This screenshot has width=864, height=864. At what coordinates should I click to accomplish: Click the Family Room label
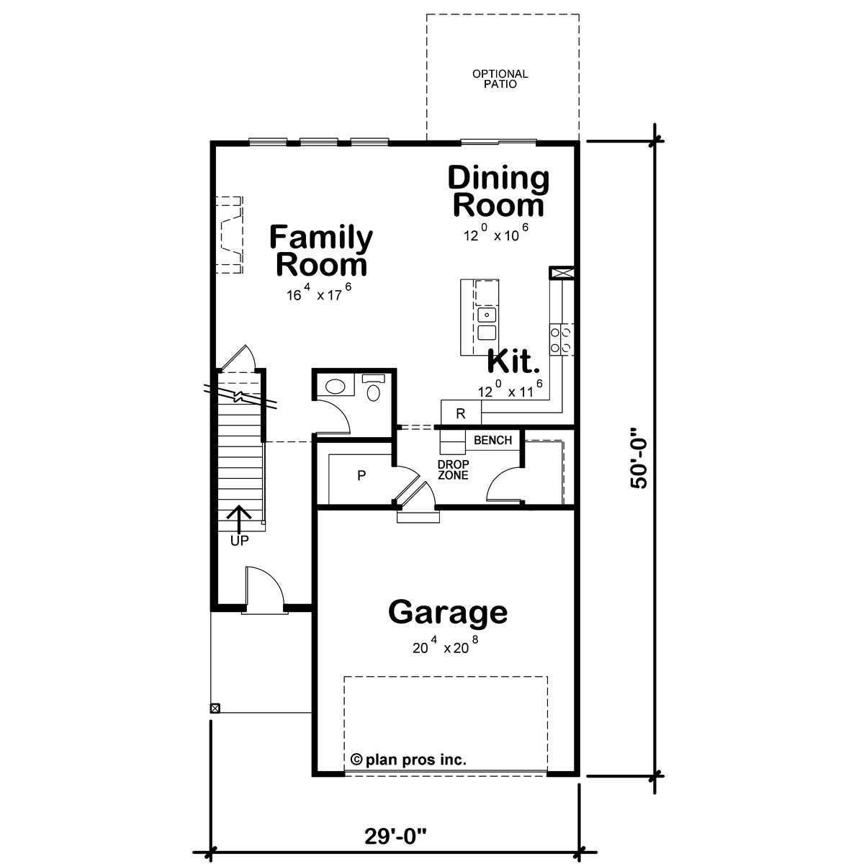click(320, 251)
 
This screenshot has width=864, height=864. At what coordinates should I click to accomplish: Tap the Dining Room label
click(498, 192)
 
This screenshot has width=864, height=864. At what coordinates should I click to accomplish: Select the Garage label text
click(447, 613)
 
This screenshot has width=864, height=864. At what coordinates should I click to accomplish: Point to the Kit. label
click(513, 361)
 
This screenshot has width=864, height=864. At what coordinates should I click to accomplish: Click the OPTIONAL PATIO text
click(500, 79)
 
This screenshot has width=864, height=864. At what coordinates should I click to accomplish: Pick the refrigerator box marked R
click(461, 413)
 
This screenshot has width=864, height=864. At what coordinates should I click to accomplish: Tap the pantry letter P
click(361, 476)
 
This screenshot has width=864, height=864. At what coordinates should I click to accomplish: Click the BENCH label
click(492, 441)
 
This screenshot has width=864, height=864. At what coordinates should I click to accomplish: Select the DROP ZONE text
click(454, 470)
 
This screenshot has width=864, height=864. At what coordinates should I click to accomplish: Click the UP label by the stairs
click(240, 541)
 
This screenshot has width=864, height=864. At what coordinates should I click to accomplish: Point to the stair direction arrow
click(239, 519)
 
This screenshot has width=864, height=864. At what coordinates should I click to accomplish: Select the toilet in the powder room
click(374, 390)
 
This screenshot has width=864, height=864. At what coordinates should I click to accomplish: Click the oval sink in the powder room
click(335, 387)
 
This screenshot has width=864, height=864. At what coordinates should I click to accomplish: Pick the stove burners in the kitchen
click(562, 340)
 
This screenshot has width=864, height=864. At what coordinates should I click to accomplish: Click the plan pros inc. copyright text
click(408, 760)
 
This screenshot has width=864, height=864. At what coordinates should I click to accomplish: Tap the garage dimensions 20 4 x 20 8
click(445, 646)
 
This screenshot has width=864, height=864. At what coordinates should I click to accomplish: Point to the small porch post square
click(215, 708)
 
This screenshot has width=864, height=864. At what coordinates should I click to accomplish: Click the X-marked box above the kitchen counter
click(562, 273)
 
